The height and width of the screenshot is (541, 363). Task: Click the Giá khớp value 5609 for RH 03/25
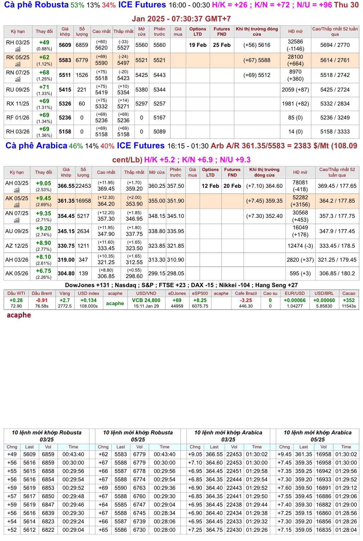tap(65, 45)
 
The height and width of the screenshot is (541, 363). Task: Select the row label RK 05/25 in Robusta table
tap(18, 57)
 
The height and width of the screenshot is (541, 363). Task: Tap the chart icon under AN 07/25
tap(17, 220)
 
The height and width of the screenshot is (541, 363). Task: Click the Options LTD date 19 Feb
tap(198, 45)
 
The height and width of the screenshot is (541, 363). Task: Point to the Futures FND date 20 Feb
tap(232, 186)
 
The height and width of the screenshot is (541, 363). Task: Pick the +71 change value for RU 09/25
tap(44, 87)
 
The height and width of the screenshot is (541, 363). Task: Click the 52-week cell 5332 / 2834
tap(335, 104)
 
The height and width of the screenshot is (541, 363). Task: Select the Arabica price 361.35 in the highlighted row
tap(66, 201)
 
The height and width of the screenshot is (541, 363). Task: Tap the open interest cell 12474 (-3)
tap(300, 246)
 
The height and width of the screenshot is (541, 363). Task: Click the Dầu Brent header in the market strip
tap(42, 293)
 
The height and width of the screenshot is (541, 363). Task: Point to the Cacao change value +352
tap(348, 300)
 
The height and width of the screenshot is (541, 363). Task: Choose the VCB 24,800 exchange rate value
tap(146, 300)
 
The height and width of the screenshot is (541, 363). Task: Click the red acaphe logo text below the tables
tap(19, 315)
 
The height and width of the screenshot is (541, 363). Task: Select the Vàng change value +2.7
tap(65, 300)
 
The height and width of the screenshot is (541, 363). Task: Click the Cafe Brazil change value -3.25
tap(246, 300)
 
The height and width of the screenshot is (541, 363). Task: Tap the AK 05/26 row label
tap(17, 273)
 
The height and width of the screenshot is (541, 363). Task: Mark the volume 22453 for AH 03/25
tap(83, 186)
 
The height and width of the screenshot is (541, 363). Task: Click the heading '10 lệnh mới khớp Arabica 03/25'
tap(228, 436)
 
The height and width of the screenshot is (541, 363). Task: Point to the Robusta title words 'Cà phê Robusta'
tap(36, 5)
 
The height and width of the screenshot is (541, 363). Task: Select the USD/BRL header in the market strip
tap(324, 293)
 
